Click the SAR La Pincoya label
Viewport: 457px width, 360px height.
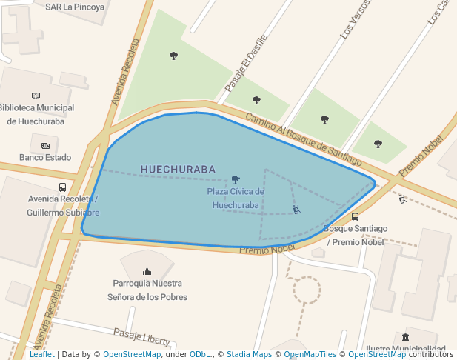click(75, 7)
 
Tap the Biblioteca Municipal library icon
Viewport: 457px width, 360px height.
click(36, 96)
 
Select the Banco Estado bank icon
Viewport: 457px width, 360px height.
click(45, 145)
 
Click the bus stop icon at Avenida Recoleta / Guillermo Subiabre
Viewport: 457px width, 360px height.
click(62, 187)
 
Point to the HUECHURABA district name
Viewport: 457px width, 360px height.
click(178, 170)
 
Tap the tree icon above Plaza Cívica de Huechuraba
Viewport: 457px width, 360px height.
click(236, 179)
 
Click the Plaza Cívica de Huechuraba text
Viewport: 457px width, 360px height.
click(236, 199)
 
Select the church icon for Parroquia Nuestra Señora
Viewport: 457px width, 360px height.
click(147, 271)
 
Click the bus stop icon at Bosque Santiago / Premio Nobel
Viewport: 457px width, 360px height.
click(355, 217)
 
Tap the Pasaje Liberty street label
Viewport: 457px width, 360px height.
click(141, 336)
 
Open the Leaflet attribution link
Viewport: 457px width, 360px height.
click(42, 354)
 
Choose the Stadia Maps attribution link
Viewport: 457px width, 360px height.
click(249, 354)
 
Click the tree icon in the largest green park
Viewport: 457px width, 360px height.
click(173, 56)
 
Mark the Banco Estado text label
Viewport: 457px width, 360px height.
click(45, 157)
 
